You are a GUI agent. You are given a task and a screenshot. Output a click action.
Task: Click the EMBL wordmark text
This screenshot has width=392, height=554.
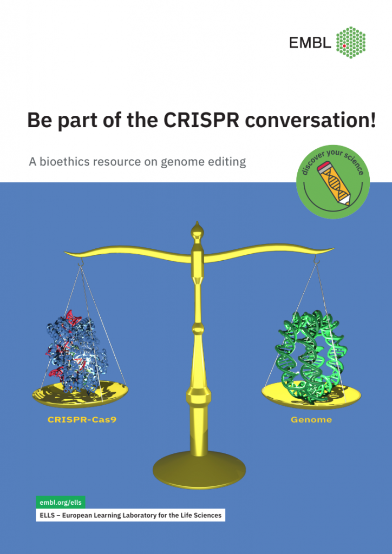click(310, 43)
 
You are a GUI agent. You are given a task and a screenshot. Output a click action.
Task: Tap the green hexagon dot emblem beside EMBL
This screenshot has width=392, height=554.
click(351, 42)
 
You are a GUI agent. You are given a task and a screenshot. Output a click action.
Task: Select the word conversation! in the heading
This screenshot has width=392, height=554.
click(310, 121)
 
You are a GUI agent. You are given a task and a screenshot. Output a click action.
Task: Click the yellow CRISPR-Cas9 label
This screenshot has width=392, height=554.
click(82, 420)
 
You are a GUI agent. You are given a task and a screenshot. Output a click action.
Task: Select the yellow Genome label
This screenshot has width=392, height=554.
click(311, 420)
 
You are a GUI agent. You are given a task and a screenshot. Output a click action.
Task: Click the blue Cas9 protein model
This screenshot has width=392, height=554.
click(76, 353)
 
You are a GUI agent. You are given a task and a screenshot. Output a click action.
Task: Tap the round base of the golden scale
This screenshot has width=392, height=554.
click(199, 470)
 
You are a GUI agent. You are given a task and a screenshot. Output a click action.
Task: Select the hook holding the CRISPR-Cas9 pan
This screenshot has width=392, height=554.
click(81, 262)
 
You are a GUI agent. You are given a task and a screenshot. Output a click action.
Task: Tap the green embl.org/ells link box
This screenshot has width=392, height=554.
click(61, 503)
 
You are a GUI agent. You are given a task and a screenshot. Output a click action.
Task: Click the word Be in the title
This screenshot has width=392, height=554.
click(37, 121)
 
